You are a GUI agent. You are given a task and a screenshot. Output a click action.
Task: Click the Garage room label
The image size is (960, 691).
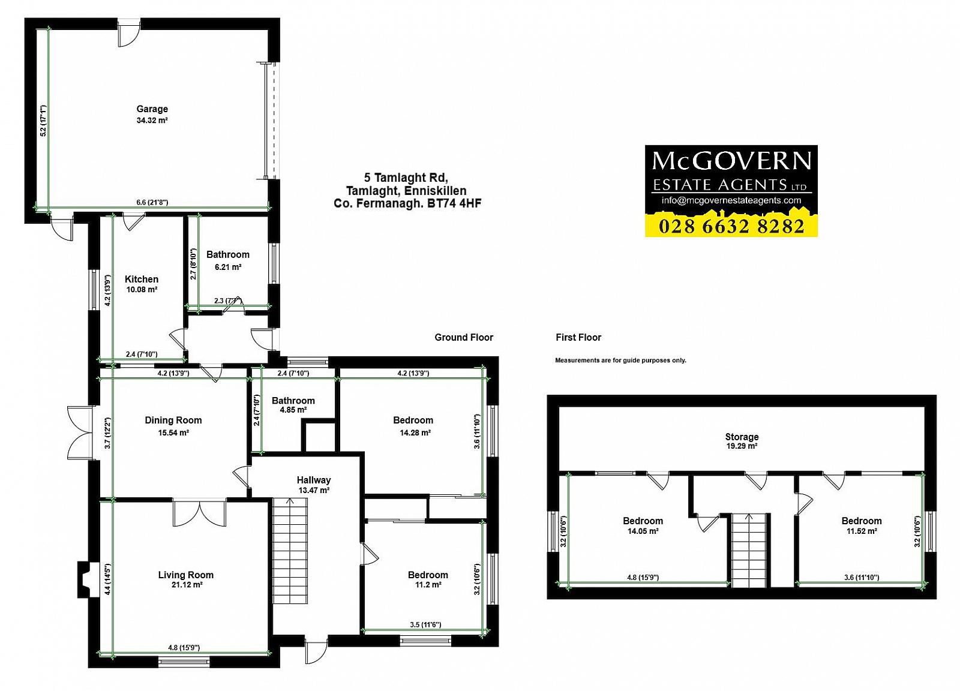[x=152, y=109]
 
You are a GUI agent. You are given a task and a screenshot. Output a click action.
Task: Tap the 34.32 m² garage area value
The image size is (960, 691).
[x=152, y=121]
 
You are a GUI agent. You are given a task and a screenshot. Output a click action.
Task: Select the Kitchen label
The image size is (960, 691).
[x=142, y=280]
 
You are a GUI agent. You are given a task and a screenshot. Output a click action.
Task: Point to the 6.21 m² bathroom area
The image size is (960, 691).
[x=228, y=267]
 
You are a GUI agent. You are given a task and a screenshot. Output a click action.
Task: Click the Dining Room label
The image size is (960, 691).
[x=173, y=420]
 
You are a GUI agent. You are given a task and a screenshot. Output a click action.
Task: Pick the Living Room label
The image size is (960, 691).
[x=185, y=575]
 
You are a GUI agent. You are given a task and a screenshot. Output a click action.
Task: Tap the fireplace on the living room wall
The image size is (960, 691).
[x=84, y=579]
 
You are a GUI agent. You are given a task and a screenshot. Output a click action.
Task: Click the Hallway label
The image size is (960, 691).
[x=314, y=480]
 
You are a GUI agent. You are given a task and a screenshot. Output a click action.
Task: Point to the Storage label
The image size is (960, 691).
[x=742, y=437]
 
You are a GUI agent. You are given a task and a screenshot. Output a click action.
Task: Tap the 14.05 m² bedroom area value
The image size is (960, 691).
[x=643, y=531]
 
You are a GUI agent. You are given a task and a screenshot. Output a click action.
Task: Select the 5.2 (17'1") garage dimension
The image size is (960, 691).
[x=43, y=121]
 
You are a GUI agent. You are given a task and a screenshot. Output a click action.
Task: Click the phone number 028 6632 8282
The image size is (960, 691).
[x=731, y=226]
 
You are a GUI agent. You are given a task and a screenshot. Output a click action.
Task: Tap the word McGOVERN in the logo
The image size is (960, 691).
[x=731, y=161]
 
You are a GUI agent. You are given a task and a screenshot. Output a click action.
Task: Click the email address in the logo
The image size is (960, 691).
[x=731, y=200]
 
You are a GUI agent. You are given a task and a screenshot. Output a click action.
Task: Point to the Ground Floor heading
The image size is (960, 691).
[x=464, y=338]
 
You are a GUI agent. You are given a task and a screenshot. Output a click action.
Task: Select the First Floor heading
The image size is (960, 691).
[x=578, y=338]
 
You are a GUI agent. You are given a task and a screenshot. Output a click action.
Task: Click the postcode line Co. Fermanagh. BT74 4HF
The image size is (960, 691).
[x=407, y=203]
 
